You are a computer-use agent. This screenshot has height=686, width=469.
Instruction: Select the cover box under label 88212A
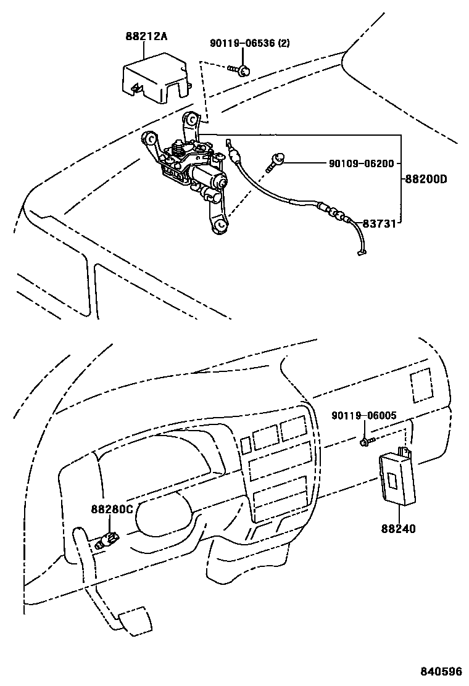click(154, 78)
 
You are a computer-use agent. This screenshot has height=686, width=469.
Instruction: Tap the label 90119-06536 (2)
click(249, 43)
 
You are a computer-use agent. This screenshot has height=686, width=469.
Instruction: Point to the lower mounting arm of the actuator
click(219, 221)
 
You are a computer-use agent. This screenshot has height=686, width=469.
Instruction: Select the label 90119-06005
click(363, 416)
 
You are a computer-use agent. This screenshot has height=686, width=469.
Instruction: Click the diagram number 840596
click(441, 672)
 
